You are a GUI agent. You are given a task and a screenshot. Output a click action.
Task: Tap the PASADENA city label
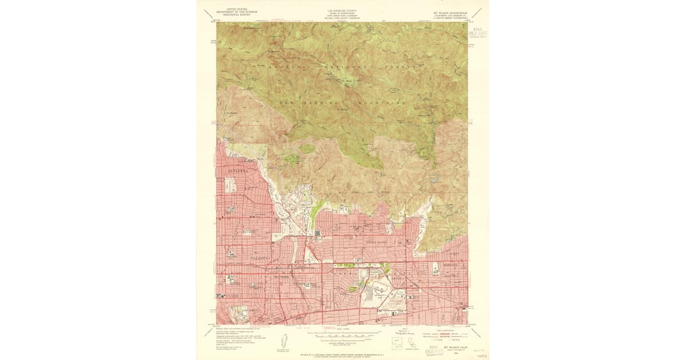point(262,259)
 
